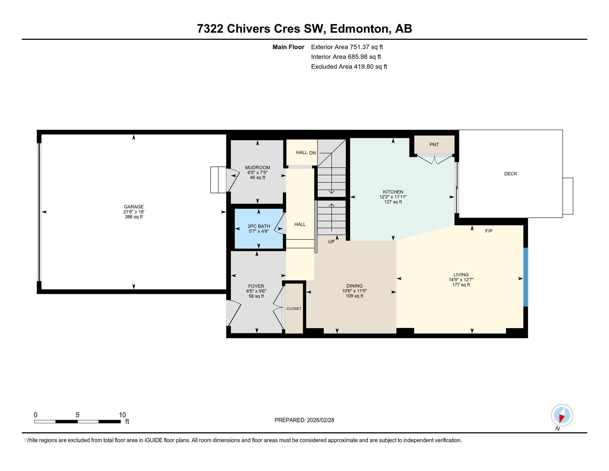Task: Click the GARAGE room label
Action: [x=134, y=207]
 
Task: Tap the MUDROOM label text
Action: [x=257, y=167]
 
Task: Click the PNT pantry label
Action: [x=434, y=145]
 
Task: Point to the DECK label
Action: [x=510, y=173]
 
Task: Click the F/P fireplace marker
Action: [x=489, y=231]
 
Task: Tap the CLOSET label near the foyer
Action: [x=294, y=309]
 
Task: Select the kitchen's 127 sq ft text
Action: [x=393, y=202]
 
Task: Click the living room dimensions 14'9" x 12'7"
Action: [x=461, y=280]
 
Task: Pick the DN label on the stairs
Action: [x=312, y=153]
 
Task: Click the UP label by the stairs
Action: [x=331, y=242]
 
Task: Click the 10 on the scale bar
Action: [x=122, y=415]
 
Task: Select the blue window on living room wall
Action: [x=525, y=277]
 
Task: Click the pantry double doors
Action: [x=434, y=160]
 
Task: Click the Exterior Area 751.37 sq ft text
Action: [x=347, y=47]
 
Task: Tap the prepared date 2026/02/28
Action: [x=320, y=420]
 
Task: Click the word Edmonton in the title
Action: [x=359, y=29]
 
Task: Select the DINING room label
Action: [x=354, y=286]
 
